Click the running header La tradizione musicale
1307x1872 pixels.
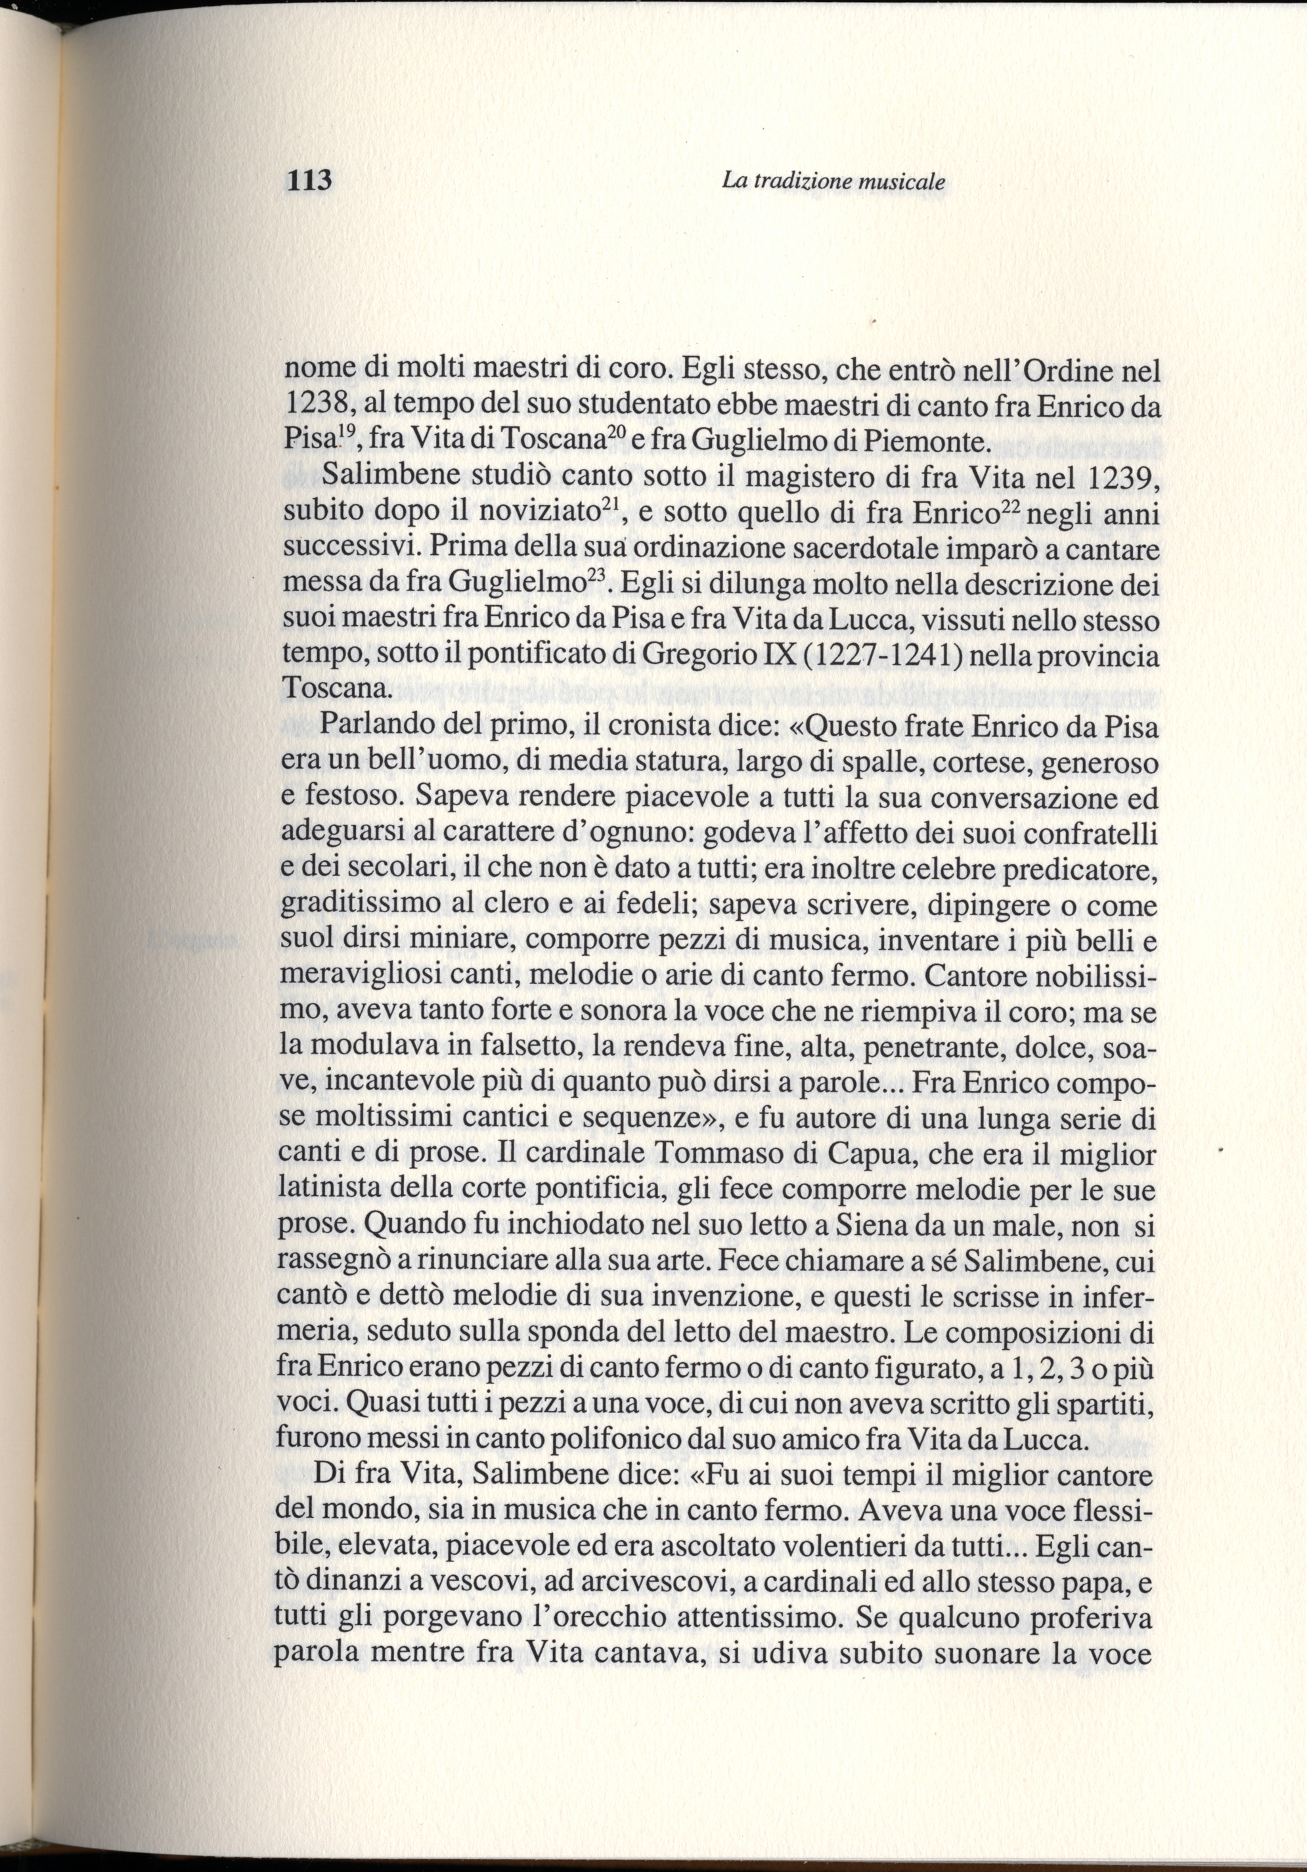click(833, 182)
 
